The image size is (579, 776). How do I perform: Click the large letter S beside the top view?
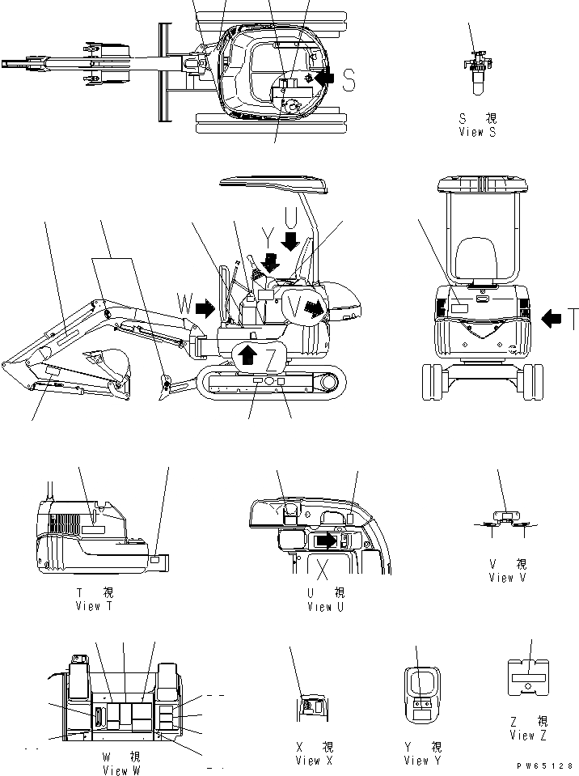(x=349, y=80)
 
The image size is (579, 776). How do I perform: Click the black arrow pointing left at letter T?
(x=551, y=320)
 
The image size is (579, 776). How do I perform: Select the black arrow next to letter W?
(x=205, y=307)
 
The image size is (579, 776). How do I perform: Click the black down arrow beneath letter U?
(x=290, y=240)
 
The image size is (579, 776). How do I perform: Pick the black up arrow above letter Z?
(x=248, y=352)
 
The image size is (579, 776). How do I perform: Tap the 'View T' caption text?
(x=99, y=606)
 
